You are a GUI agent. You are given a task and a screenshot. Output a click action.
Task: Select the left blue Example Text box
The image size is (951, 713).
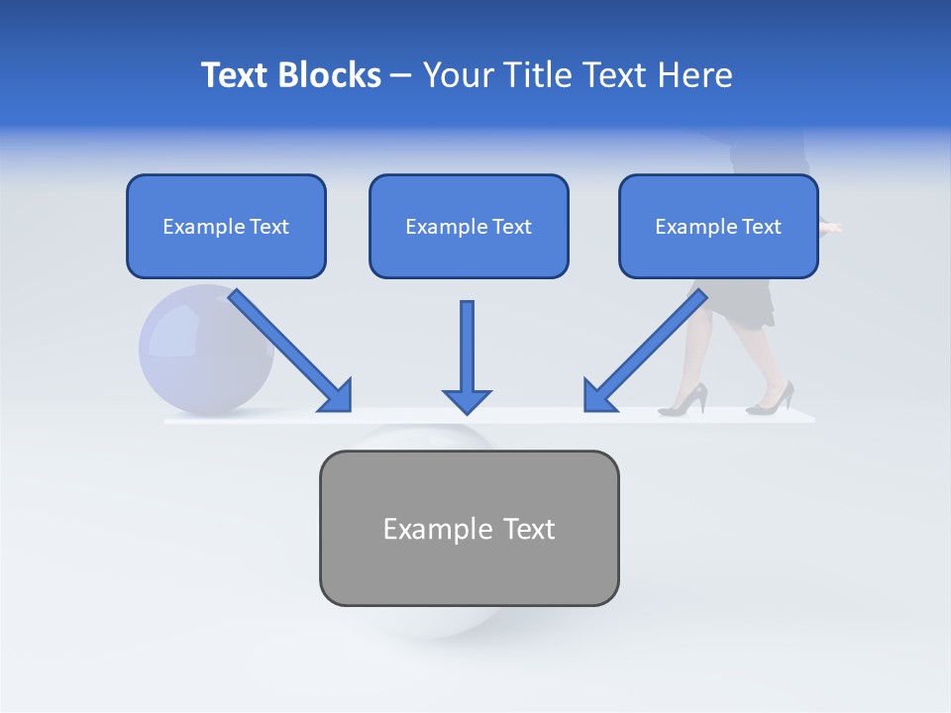226,226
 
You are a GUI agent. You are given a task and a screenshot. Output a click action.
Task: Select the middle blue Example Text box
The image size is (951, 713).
469,226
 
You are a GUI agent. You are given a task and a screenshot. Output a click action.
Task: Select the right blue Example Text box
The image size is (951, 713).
718,226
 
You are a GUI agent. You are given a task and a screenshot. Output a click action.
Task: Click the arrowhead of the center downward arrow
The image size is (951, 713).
467,401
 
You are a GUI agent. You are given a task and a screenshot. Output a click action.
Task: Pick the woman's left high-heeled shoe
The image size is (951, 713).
686,400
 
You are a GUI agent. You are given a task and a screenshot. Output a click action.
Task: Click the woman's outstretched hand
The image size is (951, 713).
831,229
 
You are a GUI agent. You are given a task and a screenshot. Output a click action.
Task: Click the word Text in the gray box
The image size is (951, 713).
529,529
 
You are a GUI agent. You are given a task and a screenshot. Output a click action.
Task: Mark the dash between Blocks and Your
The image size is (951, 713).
401,75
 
